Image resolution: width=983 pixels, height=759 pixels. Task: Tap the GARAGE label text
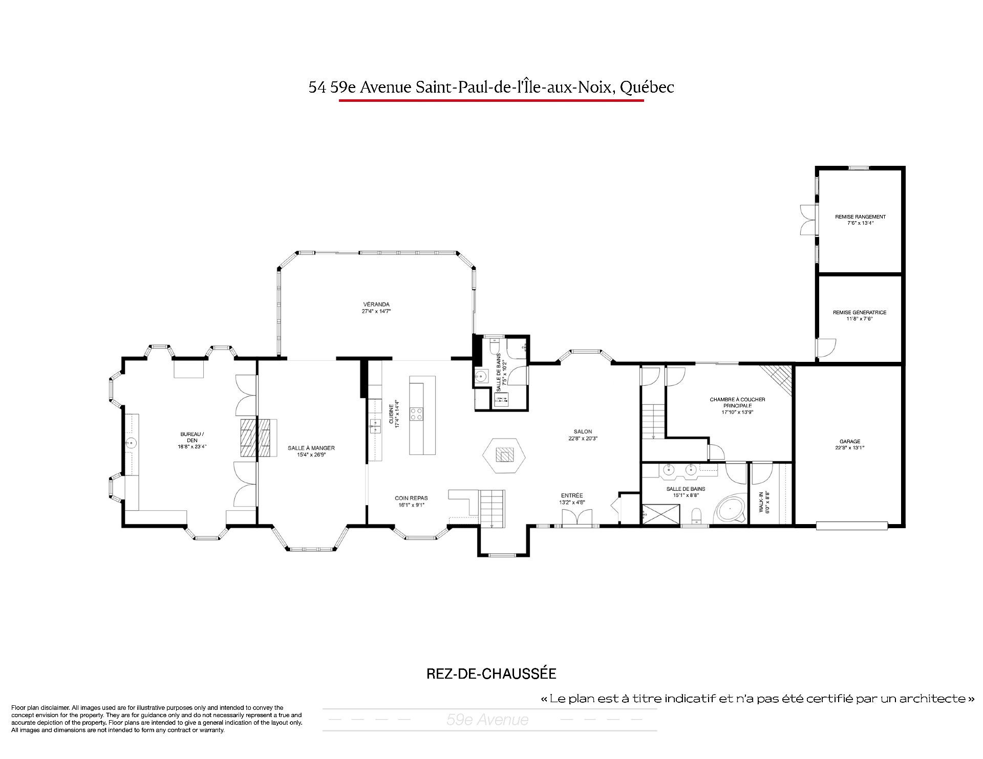[x=850, y=442]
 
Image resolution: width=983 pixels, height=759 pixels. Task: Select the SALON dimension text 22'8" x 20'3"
[x=583, y=438]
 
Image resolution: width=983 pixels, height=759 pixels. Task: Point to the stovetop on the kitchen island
[x=417, y=414]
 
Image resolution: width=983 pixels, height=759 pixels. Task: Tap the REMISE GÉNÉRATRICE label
[x=860, y=312]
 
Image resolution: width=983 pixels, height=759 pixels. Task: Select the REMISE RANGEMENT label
[x=860, y=216]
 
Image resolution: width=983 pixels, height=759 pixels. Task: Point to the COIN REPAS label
[x=411, y=498]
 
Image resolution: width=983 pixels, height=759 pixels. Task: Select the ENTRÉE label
[x=572, y=495]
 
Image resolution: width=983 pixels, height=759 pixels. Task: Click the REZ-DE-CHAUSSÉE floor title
[x=491, y=674]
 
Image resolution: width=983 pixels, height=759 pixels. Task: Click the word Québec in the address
[x=647, y=88]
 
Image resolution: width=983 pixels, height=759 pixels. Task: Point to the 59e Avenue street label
[x=487, y=720]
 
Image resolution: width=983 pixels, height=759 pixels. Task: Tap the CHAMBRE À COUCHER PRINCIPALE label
[x=737, y=402]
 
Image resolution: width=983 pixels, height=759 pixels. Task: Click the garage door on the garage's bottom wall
[x=852, y=526]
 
